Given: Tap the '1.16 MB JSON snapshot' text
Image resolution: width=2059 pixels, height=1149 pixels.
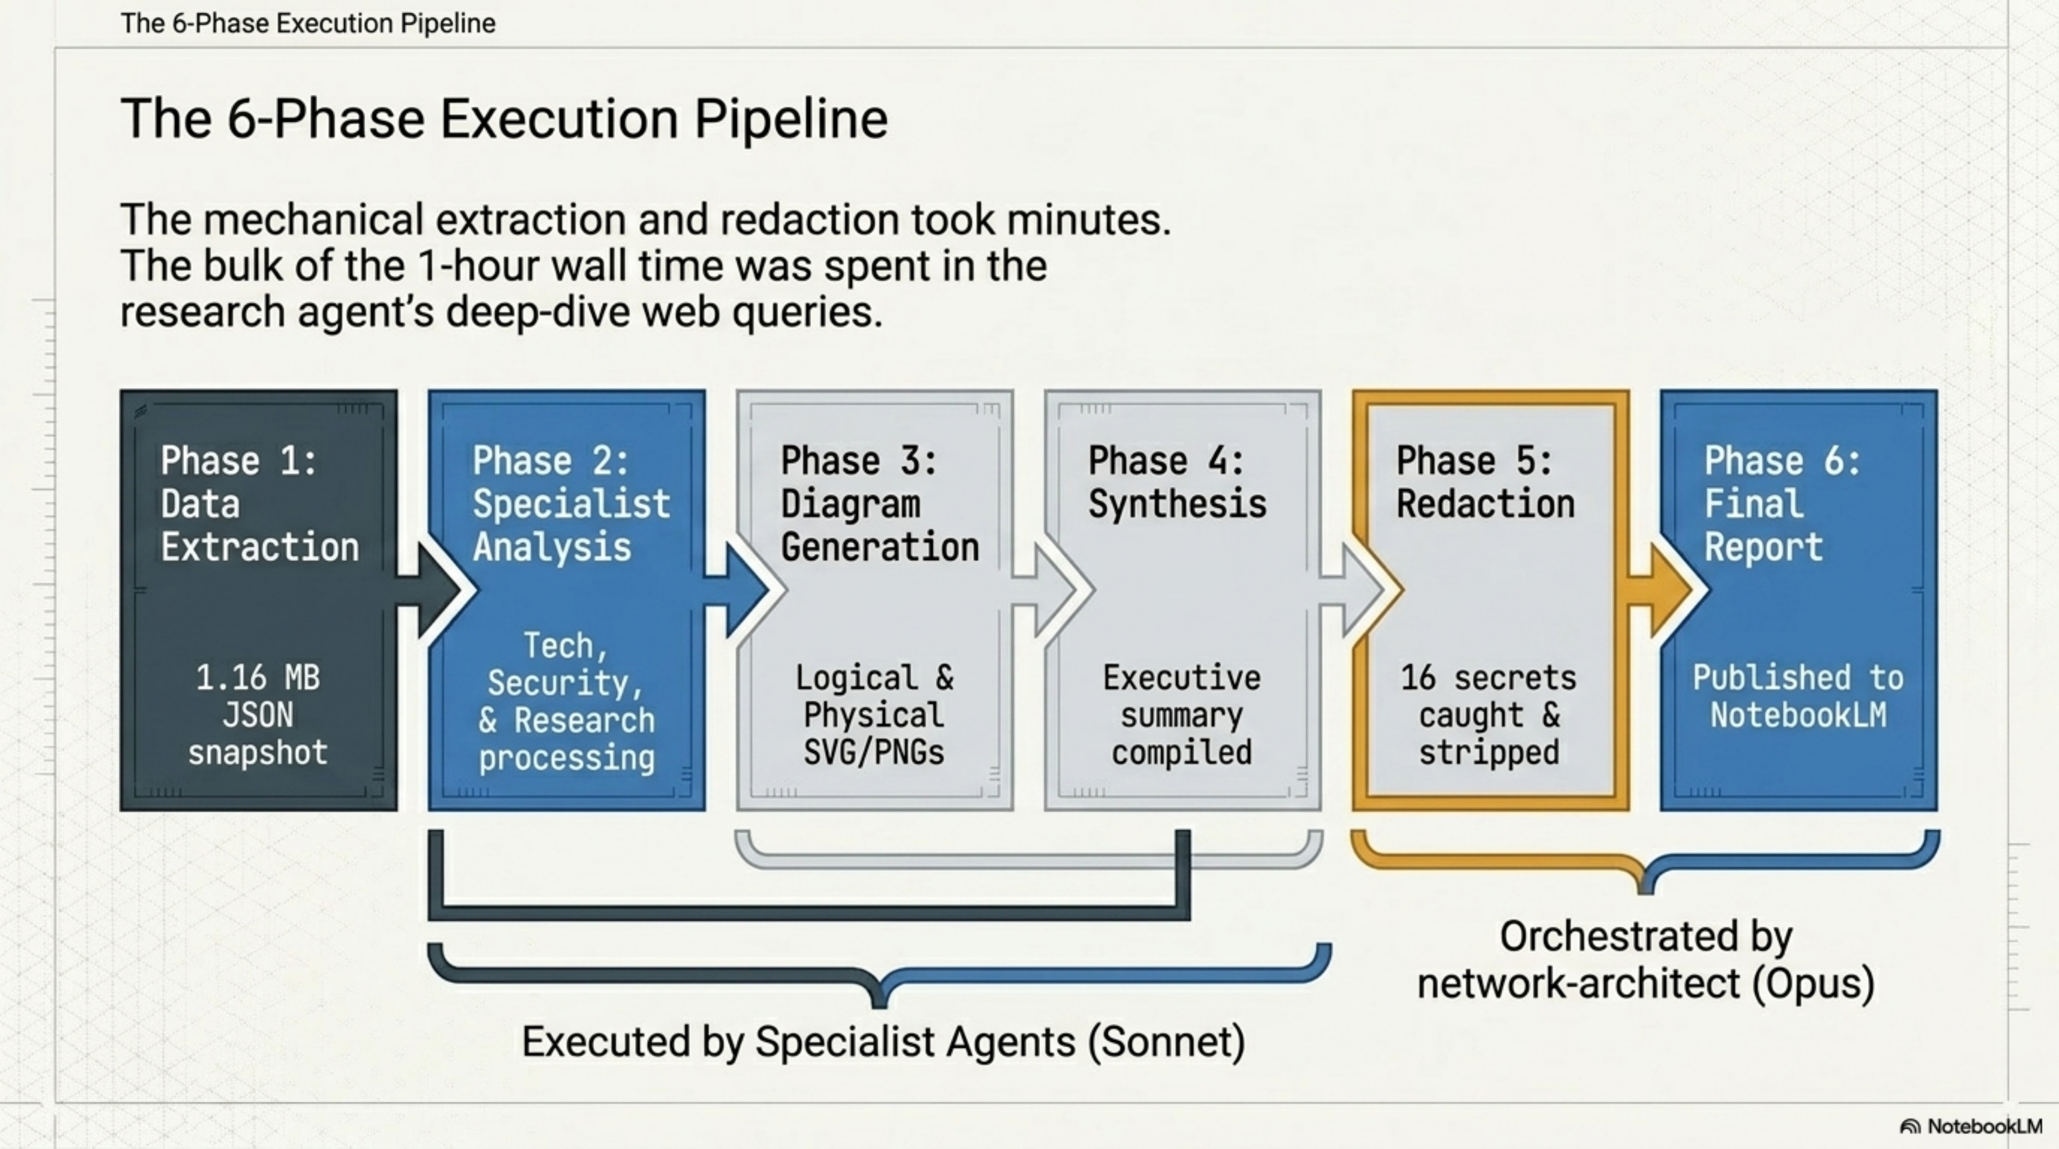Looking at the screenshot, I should click(x=258, y=714).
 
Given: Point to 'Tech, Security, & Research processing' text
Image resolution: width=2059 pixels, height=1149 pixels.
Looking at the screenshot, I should click(x=566, y=702).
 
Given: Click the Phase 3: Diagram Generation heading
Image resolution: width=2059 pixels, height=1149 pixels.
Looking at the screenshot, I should click(x=878, y=503).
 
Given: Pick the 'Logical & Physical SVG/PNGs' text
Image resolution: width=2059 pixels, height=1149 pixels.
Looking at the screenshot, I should click(x=874, y=714).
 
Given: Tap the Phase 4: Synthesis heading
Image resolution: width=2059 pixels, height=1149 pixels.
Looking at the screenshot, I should click(x=1177, y=482).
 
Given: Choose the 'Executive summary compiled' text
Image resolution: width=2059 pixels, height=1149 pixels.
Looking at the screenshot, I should click(x=1181, y=714).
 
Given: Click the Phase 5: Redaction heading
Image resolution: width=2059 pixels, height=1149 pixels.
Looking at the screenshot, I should click(x=1485, y=482).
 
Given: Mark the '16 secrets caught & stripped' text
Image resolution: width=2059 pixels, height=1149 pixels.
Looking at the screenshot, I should click(x=1488, y=714).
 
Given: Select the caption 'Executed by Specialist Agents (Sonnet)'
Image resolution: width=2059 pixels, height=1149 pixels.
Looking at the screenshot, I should click(x=883, y=1041).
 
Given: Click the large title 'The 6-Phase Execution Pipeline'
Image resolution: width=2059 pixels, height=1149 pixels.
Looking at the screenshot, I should click(x=504, y=119).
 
